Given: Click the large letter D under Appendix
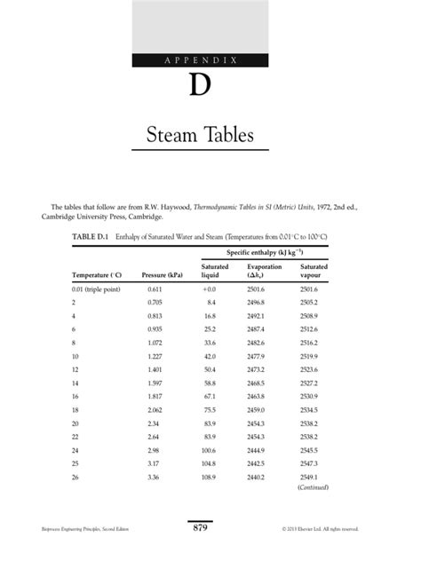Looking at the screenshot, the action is click(x=200, y=87).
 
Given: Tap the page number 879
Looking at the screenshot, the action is click(x=200, y=529).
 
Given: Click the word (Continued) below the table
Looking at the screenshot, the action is click(x=314, y=487).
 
